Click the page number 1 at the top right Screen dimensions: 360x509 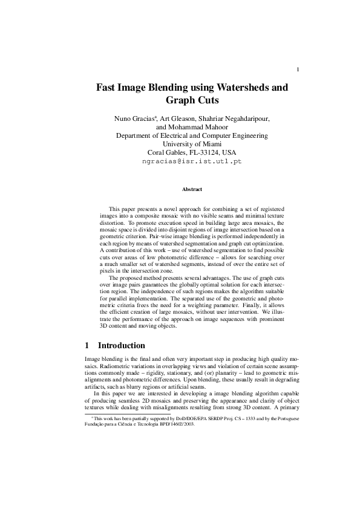pos(298,70)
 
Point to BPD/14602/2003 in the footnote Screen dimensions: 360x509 pos(162,424)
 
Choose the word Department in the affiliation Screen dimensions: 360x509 pos(136,135)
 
